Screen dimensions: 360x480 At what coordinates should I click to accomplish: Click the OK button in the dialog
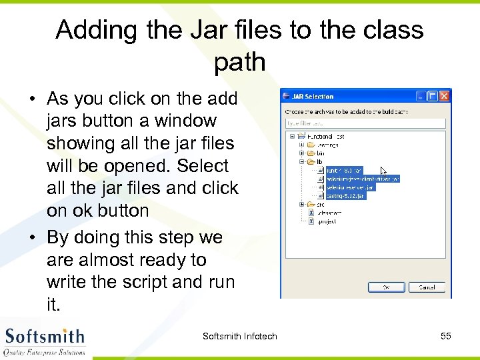pyautogui.click(x=386, y=287)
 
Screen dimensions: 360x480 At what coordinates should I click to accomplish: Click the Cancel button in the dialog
pyautogui.click(x=427, y=287)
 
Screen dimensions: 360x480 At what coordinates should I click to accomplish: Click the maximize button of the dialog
pyautogui.click(x=431, y=96)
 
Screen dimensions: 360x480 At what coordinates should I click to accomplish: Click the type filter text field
pyautogui.click(x=365, y=123)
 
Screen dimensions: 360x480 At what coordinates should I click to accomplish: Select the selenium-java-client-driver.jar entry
pyautogui.click(x=362, y=179)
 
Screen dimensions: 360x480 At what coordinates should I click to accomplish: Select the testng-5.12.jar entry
pyautogui.click(x=345, y=195)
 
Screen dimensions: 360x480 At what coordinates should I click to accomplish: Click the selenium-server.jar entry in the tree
pyautogui.click(x=351, y=187)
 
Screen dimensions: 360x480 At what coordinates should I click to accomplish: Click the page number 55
pyautogui.click(x=446, y=336)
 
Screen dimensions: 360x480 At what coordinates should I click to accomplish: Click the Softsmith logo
pyautogui.click(x=45, y=340)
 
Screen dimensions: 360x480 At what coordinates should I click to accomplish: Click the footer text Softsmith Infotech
pyautogui.click(x=239, y=336)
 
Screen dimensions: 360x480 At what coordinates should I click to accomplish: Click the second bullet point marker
pyautogui.click(x=32, y=238)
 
